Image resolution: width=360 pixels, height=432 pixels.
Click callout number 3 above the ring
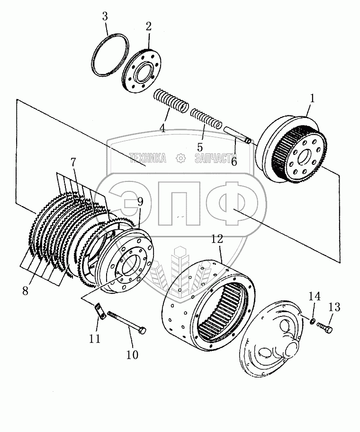coord(105,17)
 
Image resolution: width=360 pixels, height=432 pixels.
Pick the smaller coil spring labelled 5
coord(206,118)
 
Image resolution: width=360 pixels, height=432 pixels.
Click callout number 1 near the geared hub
coord(312,99)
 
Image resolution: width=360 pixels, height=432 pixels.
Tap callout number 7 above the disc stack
coord(73,162)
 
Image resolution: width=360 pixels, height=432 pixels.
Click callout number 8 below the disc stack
coord(25,290)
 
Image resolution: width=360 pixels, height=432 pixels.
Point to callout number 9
coord(140,202)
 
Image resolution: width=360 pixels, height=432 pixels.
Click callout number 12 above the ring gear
coord(217,239)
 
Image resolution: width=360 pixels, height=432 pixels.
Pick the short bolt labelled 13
coord(325,327)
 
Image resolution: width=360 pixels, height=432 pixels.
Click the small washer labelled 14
coord(312,321)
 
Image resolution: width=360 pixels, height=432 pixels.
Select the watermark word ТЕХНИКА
coord(148,158)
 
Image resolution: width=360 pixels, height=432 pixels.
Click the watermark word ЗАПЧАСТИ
coord(216,158)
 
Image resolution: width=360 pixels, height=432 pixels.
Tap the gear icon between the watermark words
coord(180,158)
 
